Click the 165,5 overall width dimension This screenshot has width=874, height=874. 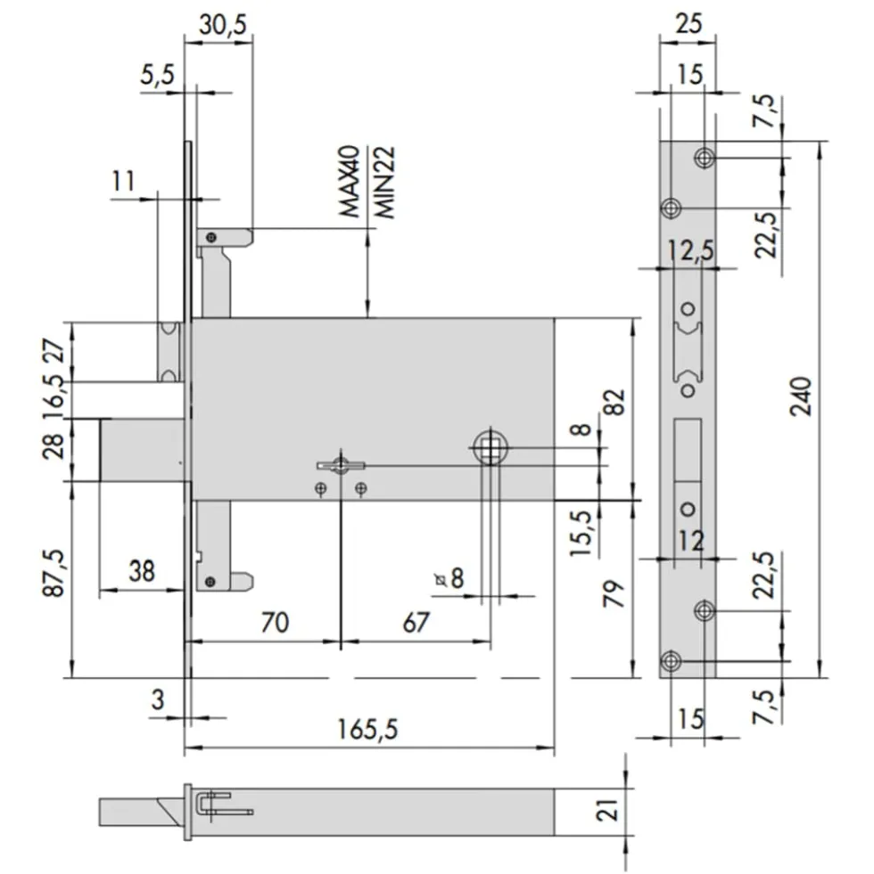coord(367,729)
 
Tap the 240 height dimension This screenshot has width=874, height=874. coord(801,396)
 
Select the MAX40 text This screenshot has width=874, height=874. coord(350,181)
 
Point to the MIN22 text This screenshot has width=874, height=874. coord(384,183)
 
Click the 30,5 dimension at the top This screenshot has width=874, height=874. coord(223,25)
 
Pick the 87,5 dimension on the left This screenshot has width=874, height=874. coord(54,573)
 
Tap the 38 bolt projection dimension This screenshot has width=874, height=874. coord(142,571)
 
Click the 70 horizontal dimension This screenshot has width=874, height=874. coord(275,622)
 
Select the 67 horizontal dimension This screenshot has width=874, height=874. coord(416,622)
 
